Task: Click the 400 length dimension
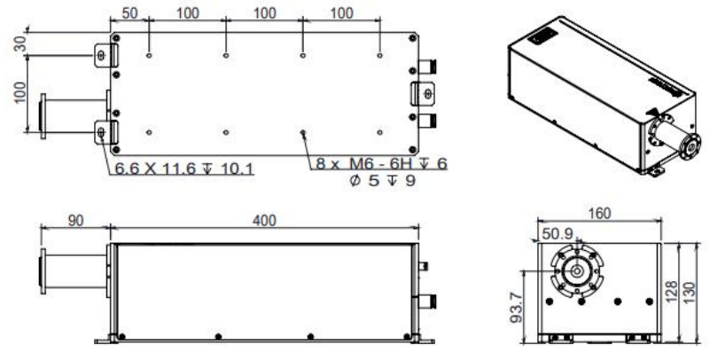(x=264, y=221)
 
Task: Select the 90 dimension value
(x=76, y=221)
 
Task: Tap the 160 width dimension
(x=599, y=213)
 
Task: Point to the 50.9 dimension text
(x=557, y=234)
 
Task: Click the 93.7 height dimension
(x=517, y=309)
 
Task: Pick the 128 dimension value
(x=671, y=292)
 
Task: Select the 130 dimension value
(x=690, y=293)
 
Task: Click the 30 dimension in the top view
(x=20, y=44)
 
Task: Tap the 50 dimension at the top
(x=130, y=12)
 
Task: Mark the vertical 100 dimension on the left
(x=20, y=93)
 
